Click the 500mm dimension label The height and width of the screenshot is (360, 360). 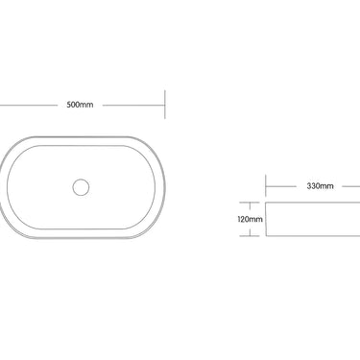81,105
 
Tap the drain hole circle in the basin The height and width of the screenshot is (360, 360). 81,185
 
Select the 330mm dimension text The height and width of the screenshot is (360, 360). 321,186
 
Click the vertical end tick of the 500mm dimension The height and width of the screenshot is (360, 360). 166,105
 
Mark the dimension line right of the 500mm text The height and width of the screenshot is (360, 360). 133,105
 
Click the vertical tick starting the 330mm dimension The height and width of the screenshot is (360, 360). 265,186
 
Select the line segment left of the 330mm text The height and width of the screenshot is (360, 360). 283,186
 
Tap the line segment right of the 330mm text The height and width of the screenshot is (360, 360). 348,186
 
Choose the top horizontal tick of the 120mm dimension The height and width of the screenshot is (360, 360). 253,201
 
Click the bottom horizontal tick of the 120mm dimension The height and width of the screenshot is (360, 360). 253,236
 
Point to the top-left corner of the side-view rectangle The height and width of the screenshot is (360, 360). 265,201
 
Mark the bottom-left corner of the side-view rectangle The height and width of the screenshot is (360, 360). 265,236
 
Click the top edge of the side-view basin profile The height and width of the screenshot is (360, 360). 312,201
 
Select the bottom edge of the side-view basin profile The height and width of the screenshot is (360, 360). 312,236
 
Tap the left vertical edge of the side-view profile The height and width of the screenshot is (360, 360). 265,219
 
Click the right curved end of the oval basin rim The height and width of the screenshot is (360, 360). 164,185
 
